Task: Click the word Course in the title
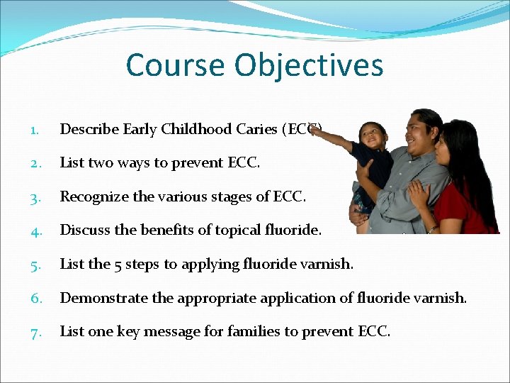[x=176, y=65]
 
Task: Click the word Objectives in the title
[x=309, y=65]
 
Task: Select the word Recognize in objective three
[x=93, y=196]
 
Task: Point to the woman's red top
[x=467, y=213]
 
